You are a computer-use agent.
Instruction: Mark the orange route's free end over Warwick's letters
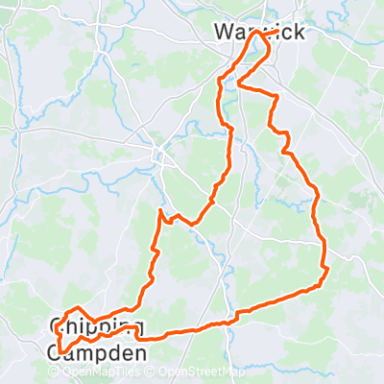click(277, 32)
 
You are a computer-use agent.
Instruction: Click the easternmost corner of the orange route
click(328, 269)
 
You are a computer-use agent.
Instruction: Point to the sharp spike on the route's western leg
click(158, 209)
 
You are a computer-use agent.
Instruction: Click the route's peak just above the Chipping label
click(76, 307)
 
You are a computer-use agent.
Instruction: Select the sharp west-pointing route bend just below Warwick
click(237, 87)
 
